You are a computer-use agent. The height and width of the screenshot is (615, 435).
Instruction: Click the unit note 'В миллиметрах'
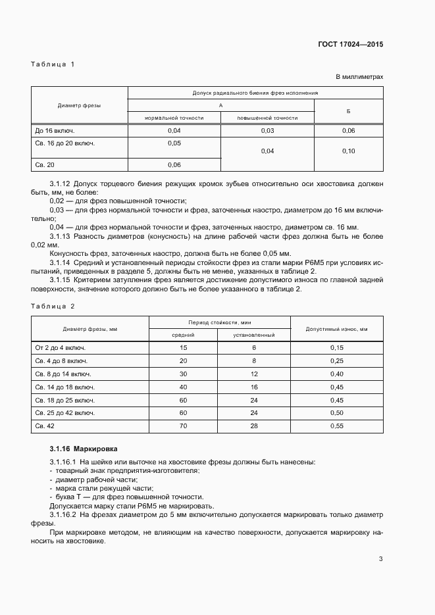click(360, 77)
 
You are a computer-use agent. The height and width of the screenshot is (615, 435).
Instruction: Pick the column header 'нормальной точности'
click(174, 118)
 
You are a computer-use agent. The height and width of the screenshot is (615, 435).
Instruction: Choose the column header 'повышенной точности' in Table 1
click(267, 118)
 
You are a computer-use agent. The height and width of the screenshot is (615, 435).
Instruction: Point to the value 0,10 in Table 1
click(349, 151)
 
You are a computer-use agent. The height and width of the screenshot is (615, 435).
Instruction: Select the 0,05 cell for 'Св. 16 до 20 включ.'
click(174, 143)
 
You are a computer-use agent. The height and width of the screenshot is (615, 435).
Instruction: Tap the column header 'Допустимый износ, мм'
click(336, 328)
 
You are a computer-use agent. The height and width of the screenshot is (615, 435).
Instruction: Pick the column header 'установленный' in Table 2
click(253, 335)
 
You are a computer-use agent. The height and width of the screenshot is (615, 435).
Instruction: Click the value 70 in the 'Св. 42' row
click(183, 427)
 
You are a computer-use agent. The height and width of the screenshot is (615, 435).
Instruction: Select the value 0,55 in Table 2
click(336, 427)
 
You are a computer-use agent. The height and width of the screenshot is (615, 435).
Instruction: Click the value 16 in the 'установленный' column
click(253, 387)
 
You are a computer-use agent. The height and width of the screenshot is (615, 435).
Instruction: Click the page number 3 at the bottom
click(381, 560)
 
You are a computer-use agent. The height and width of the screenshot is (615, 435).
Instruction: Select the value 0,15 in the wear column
click(336, 347)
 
